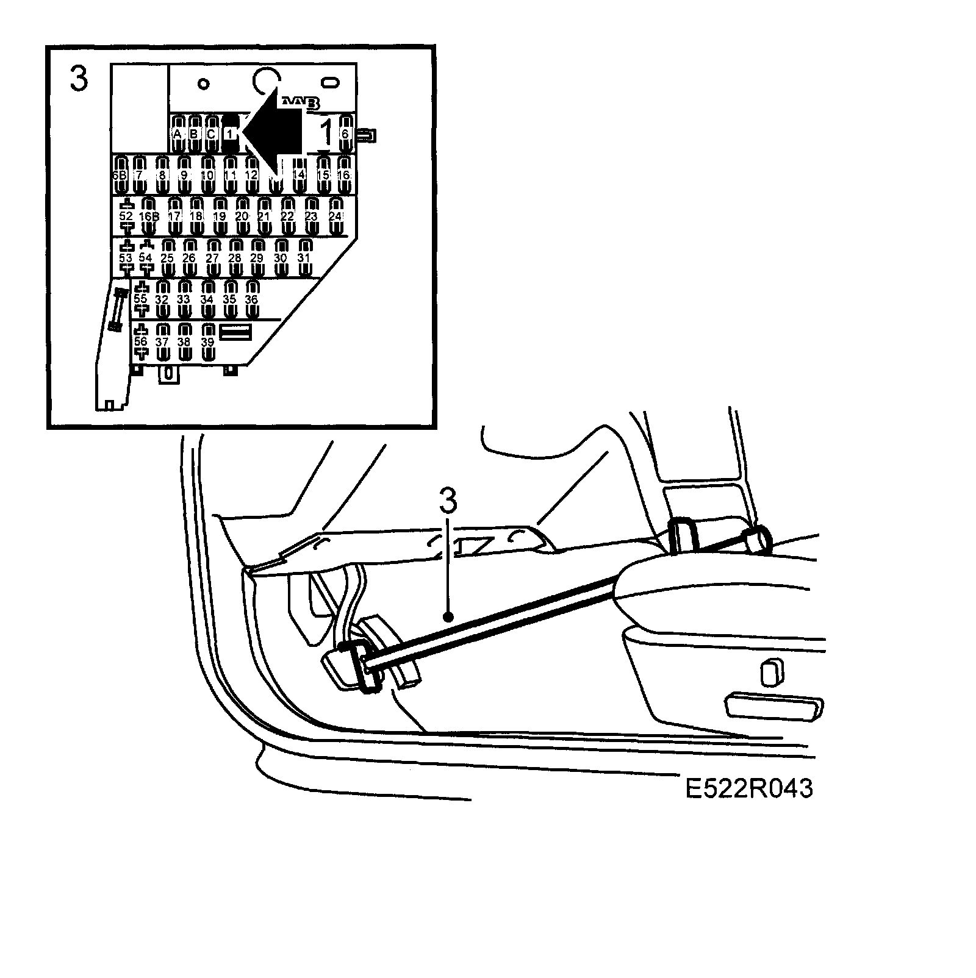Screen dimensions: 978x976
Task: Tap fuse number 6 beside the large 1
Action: click(x=345, y=134)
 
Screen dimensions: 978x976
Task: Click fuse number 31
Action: click(x=304, y=258)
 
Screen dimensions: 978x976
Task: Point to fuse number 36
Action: click(x=252, y=299)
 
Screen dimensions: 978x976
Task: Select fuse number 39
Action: click(x=208, y=342)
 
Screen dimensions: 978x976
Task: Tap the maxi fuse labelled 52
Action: click(x=126, y=216)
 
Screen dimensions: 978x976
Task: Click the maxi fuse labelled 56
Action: click(x=141, y=342)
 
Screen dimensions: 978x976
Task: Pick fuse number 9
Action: click(x=184, y=174)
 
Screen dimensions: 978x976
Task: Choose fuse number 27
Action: click(x=212, y=258)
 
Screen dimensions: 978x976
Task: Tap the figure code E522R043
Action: click(x=749, y=788)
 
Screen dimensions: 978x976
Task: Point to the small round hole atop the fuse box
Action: click(x=204, y=83)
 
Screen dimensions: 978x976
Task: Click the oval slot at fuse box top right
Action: click(x=331, y=82)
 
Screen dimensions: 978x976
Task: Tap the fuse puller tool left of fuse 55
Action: click(x=118, y=311)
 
